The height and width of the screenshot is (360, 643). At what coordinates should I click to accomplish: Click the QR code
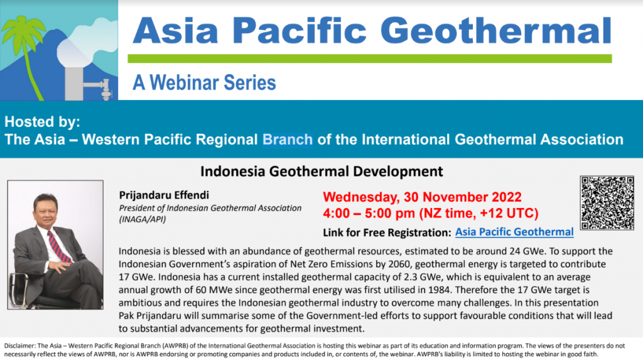pyautogui.click(x=607, y=203)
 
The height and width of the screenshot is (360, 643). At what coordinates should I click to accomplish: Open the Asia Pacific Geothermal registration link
pyautogui.click(x=514, y=232)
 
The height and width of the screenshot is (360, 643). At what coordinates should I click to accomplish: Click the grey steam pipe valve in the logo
pyautogui.click(x=105, y=89)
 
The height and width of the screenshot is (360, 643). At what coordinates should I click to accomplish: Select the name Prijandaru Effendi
pyautogui.click(x=164, y=195)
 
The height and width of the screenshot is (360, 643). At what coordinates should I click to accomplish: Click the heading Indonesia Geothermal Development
pyautogui.click(x=321, y=171)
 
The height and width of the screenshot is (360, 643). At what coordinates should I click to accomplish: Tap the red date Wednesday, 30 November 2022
pyautogui.click(x=422, y=197)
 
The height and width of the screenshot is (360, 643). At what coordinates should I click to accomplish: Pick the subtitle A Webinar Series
pyautogui.click(x=204, y=82)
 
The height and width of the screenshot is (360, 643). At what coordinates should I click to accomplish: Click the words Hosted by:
pyautogui.click(x=42, y=121)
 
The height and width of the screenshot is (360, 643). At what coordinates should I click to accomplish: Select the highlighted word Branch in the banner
pyautogui.click(x=288, y=139)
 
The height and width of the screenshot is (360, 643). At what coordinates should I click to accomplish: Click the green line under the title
pyautogui.click(x=370, y=58)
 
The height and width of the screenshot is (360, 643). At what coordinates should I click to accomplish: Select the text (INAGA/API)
pyautogui.click(x=143, y=219)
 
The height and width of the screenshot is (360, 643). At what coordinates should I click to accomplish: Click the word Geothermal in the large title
pyautogui.click(x=496, y=30)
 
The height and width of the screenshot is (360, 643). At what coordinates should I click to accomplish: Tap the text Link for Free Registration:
pyautogui.click(x=387, y=232)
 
